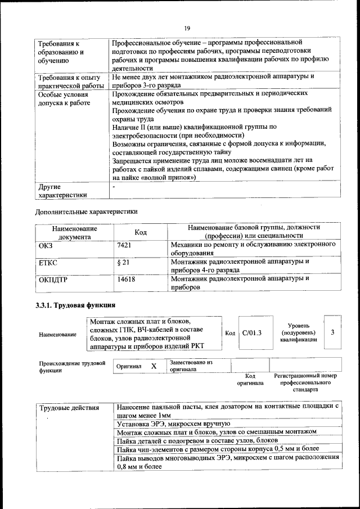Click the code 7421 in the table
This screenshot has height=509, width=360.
124,245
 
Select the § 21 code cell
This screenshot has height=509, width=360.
123,262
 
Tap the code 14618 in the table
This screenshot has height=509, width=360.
125,278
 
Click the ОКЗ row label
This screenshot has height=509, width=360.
46,245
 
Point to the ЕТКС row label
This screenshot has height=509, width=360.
48,262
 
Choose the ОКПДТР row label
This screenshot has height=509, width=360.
53,278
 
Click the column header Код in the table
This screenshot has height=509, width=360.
141,232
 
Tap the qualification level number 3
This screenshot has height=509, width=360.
333,332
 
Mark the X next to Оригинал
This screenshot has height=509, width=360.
153,366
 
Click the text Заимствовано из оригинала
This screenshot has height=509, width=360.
191,366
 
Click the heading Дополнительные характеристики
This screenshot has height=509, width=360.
86,212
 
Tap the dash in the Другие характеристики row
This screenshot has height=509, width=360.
114,186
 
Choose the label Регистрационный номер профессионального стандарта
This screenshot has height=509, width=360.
305,382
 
